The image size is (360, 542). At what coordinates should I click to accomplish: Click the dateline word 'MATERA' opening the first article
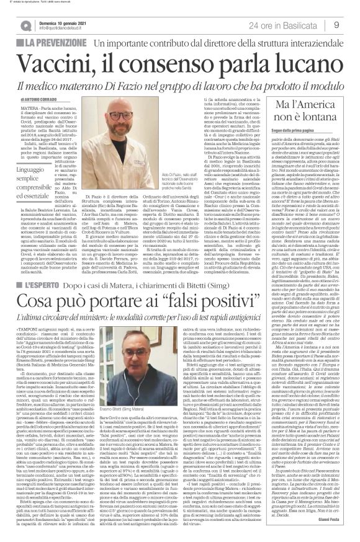coord(27,108)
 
